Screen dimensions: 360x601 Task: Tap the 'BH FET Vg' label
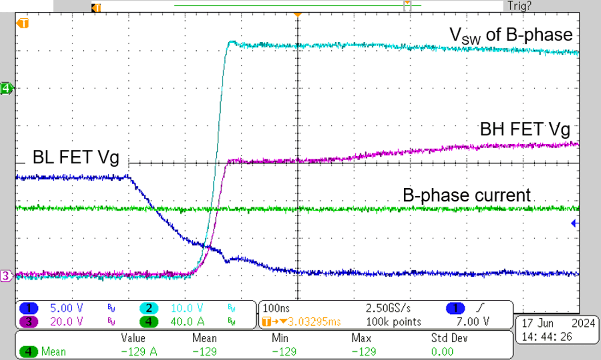(x=525, y=130)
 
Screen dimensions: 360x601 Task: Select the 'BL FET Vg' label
(x=76, y=158)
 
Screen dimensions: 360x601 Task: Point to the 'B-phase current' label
(x=467, y=195)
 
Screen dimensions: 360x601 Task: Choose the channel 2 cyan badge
(x=149, y=308)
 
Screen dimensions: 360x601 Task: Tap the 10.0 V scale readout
(x=188, y=308)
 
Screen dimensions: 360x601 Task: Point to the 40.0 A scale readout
(x=188, y=321)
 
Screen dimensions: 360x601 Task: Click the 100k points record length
(x=389, y=321)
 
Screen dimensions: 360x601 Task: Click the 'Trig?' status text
(x=519, y=6)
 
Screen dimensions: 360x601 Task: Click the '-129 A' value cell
(x=139, y=352)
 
